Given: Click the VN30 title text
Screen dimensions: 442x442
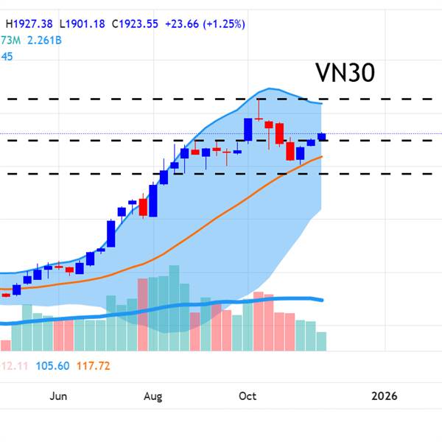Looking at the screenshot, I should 345,73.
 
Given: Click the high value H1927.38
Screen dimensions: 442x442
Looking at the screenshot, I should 30,24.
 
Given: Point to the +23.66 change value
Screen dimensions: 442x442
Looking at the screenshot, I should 186,24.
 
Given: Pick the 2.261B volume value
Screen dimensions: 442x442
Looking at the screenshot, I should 44,40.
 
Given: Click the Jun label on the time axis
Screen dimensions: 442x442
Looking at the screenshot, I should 59,396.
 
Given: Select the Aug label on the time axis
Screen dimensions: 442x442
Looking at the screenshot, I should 152,396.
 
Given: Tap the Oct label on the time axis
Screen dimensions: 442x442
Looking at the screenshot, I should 248,396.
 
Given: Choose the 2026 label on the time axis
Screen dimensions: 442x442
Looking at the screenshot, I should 385,396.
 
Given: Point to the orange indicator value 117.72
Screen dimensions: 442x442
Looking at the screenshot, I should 92,365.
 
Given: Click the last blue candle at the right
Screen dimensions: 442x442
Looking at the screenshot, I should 322,136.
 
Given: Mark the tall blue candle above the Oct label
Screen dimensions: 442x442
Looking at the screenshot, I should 248,130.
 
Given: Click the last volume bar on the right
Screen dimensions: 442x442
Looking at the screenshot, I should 321,341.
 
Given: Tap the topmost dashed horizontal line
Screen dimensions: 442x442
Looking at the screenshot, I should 221,98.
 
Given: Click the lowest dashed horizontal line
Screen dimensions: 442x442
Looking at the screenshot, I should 221,174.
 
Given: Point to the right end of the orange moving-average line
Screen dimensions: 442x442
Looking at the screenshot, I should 321,156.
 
